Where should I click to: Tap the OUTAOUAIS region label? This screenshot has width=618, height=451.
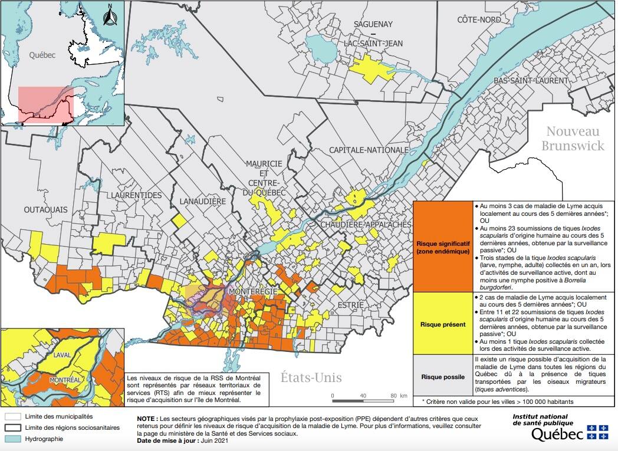point(46,209)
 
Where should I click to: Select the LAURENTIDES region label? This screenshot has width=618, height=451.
point(134,195)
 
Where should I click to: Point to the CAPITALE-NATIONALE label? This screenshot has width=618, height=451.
point(369,150)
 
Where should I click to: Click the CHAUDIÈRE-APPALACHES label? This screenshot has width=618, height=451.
point(366,225)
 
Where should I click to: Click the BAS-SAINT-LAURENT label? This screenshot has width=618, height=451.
point(531,80)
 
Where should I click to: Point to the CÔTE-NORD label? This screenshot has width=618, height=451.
point(479,20)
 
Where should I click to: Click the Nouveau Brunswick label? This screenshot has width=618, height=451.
point(573,138)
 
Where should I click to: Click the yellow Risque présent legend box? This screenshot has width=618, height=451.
point(442,324)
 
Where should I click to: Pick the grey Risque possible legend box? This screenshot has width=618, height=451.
point(442,376)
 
